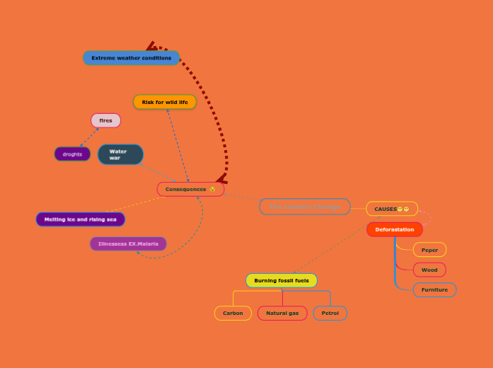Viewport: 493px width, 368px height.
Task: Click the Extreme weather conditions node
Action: click(x=132, y=58)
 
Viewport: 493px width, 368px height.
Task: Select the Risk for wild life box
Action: click(x=165, y=102)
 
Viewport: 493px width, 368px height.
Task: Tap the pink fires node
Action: click(x=105, y=120)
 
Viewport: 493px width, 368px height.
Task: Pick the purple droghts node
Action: click(x=72, y=154)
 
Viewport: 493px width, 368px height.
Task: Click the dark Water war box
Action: click(x=120, y=154)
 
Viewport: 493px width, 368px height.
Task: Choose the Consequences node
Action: click(x=190, y=189)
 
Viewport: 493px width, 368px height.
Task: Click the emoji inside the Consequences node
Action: click(x=212, y=189)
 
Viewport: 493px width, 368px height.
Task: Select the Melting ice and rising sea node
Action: click(x=80, y=219)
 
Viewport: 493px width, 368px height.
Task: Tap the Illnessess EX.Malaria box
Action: click(x=128, y=243)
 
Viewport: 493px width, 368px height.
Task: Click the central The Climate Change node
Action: click(x=305, y=207)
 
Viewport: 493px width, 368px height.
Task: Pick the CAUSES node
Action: click(x=391, y=209)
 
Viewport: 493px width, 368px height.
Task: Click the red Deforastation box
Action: click(x=395, y=229)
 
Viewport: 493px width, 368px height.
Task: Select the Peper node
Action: click(x=429, y=250)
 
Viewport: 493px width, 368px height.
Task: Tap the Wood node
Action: click(x=429, y=270)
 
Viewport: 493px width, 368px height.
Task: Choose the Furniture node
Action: click(x=434, y=289)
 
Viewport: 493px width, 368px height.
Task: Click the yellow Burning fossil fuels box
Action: click(x=282, y=280)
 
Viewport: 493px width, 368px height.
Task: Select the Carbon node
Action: click(x=233, y=313)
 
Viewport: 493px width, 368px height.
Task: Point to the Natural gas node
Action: click(x=282, y=313)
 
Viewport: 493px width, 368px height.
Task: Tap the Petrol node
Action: click(x=330, y=313)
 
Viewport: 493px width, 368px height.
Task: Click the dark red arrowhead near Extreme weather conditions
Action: click(x=151, y=46)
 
